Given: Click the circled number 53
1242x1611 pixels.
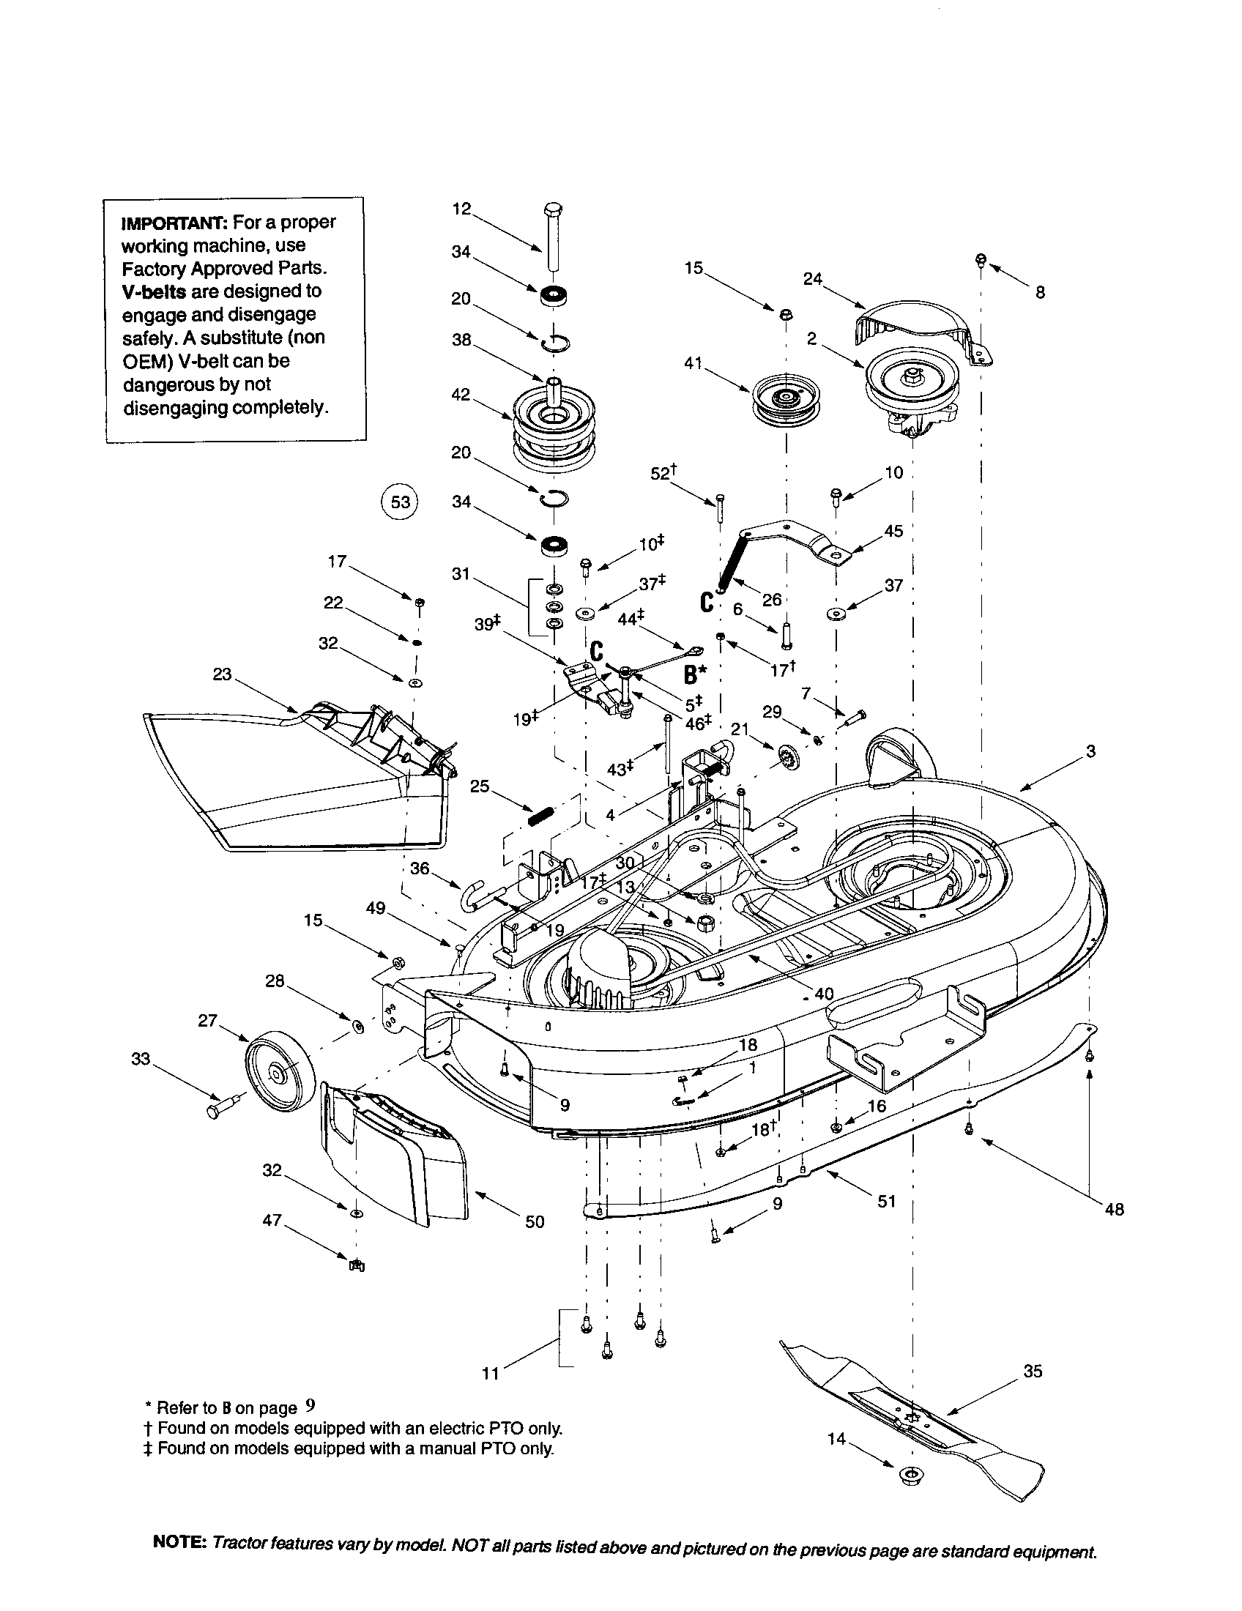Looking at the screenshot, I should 399,502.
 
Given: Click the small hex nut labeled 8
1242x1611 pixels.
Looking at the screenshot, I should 981,260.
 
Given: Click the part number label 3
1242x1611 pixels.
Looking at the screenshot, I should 1091,751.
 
